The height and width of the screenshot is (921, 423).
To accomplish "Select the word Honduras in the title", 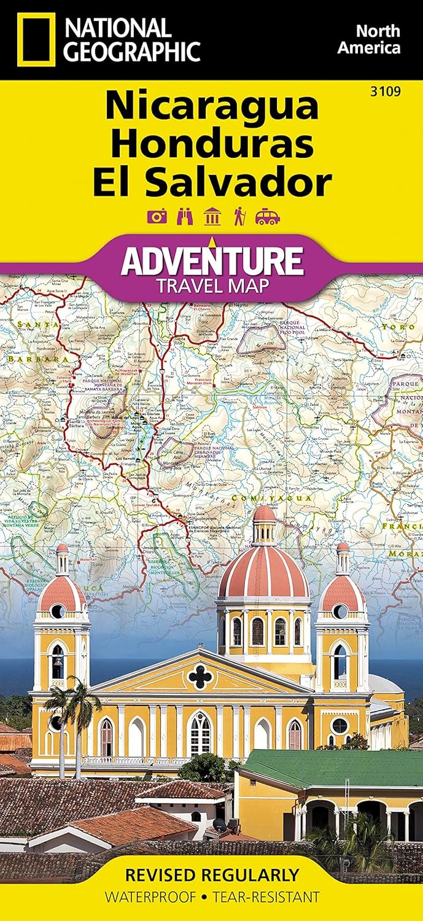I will tap(212, 144).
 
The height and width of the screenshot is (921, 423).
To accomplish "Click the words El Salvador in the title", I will tap(212, 182).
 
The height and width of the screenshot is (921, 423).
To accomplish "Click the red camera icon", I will tap(157, 217).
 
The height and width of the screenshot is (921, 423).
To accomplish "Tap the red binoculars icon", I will tap(184, 217).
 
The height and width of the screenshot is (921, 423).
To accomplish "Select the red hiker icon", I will tap(239, 217).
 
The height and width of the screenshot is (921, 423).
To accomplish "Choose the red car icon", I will tap(268, 217).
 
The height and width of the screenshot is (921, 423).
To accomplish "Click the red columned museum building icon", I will tap(212, 217).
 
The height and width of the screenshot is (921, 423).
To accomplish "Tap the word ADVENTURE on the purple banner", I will tap(212, 260).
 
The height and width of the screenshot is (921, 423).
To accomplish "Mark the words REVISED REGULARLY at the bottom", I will tap(211, 874).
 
